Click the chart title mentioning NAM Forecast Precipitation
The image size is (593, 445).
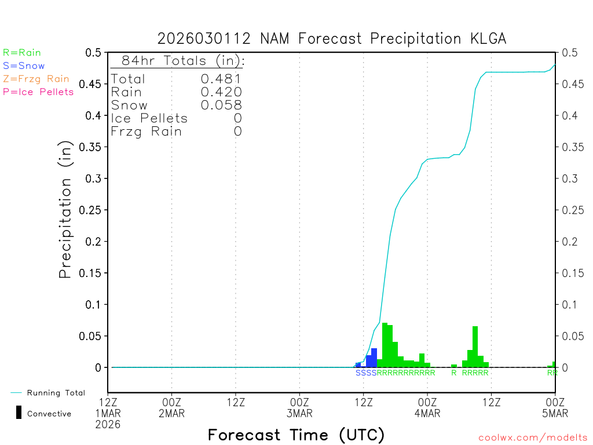[332, 39]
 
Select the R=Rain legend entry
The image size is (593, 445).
[22, 53]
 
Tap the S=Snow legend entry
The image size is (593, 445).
[24, 66]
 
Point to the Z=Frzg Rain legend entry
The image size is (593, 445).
[36, 79]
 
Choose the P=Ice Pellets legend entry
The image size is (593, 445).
[38, 92]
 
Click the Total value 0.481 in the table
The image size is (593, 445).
[221, 79]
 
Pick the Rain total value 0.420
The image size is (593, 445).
[221, 92]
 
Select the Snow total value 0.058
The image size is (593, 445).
[221, 105]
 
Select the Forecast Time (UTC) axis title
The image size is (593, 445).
[296, 435]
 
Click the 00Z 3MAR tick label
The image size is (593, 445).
[299, 408]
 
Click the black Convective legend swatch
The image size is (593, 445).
[19, 413]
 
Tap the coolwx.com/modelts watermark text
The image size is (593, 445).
[533, 438]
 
